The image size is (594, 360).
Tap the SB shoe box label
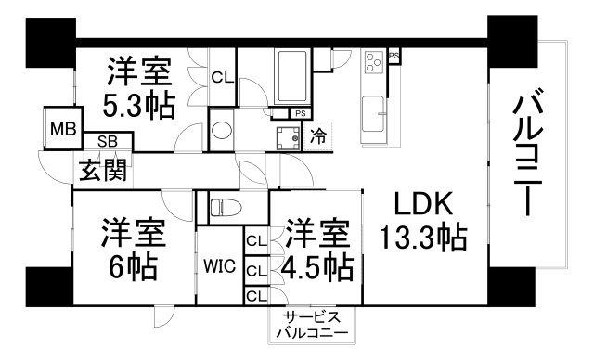coord(108,143)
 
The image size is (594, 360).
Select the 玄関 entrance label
coord(103,170)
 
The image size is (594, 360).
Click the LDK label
coord(421,203)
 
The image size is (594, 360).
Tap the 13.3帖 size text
coord(421,238)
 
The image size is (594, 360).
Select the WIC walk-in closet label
coord(219,266)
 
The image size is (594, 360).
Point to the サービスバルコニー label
coord(310,325)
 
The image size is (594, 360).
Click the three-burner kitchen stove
coord(374,62)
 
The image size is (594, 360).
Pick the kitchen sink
coord(376,112)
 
